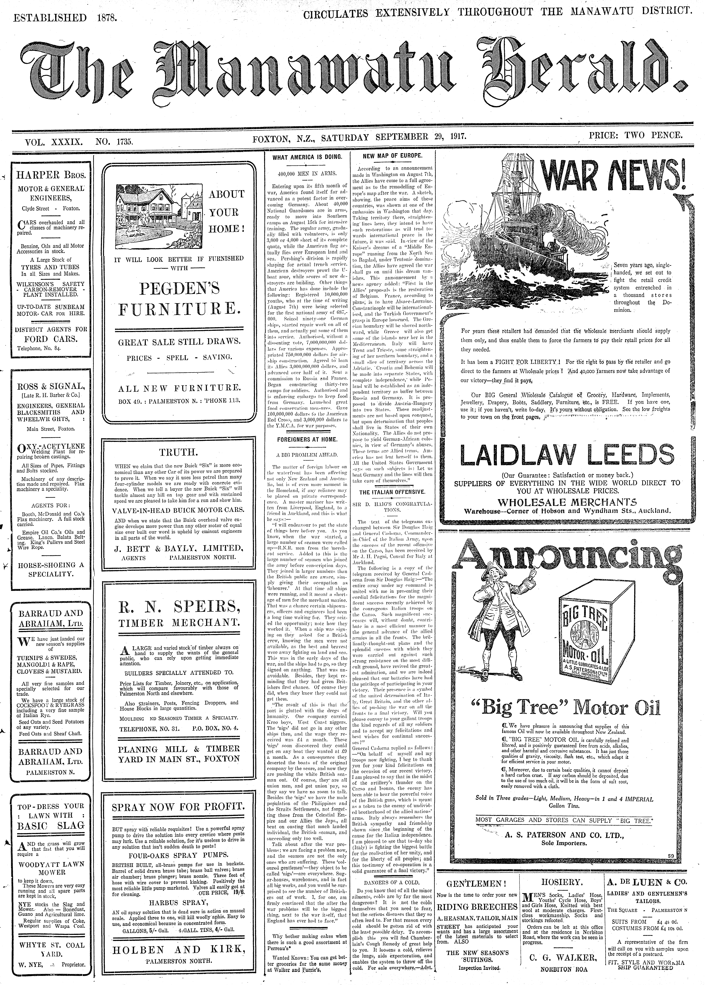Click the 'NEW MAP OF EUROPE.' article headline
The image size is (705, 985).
click(392, 155)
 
